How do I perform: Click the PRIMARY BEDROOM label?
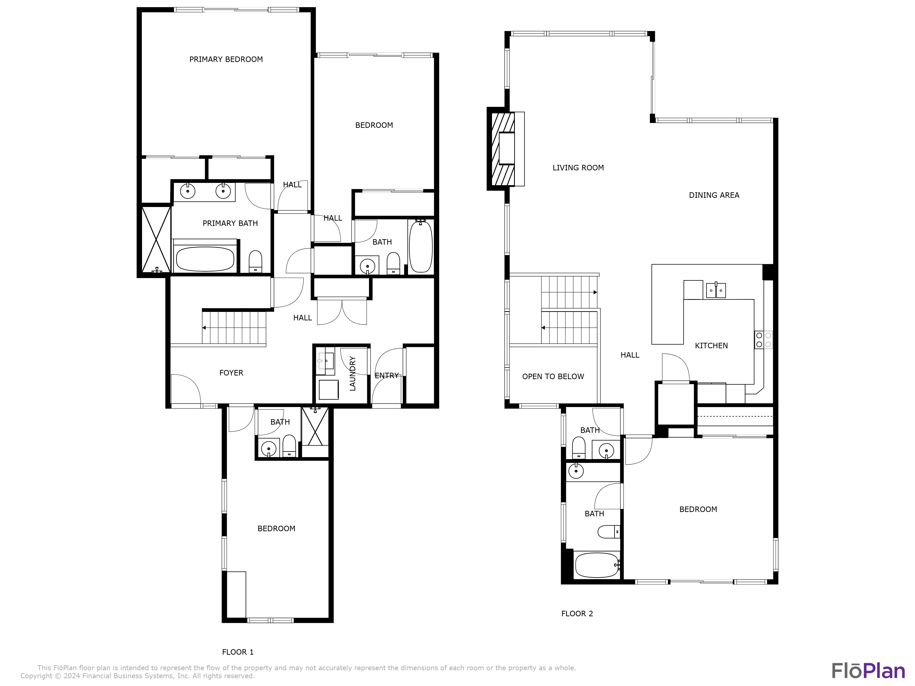click(x=226, y=59)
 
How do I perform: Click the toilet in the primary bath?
click(x=255, y=261)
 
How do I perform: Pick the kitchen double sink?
click(x=716, y=290)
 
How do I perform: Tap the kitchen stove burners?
click(x=763, y=340)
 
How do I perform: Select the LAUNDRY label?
click(x=353, y=373)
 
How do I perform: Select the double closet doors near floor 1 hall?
click(x=342, y=312)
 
